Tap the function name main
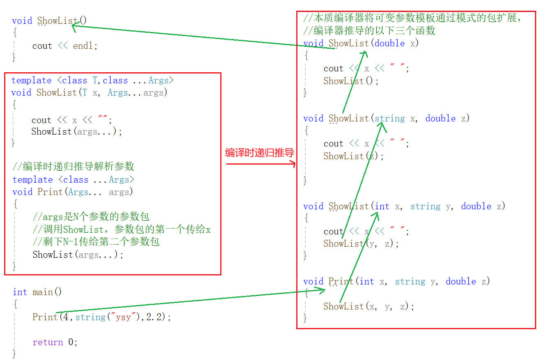click(42, 292)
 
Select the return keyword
click(48, 342)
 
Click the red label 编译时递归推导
click(260, 153)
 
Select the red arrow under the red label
click(261, 164)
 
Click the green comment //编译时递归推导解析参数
click(73, 167)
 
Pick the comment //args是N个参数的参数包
click(91, 217)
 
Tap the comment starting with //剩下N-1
click(96, 242)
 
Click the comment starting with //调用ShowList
click(121, 229)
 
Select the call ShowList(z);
click(353, 156)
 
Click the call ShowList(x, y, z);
click(369, 307)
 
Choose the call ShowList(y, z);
click(361, 244)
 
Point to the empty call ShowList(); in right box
click(351, 81)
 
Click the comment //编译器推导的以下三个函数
click(369, 31)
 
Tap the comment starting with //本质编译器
click(412, 18)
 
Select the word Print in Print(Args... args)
click(50, 192)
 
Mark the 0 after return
click(71, 342)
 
